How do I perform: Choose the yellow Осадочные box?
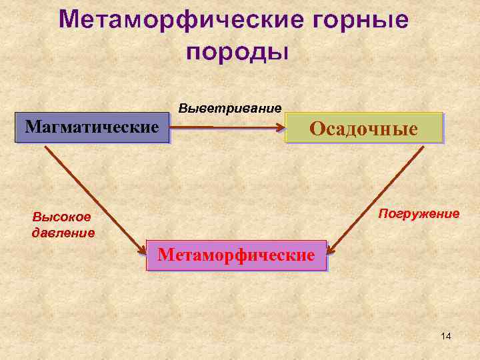pyautogui.click(x=364, y=128)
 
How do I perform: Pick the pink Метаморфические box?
pyautogui.click(x=236, y=255)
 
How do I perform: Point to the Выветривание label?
pyautogui.click(x=230, y=108)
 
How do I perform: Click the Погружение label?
pyautogui.click(x=419, y=213)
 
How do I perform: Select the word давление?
pyautogui.click(x=63, y=233)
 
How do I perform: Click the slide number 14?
pyautogui.click(x=446, y=336)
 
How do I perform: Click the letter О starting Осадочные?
pyautogui.click(x=317, y=129)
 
